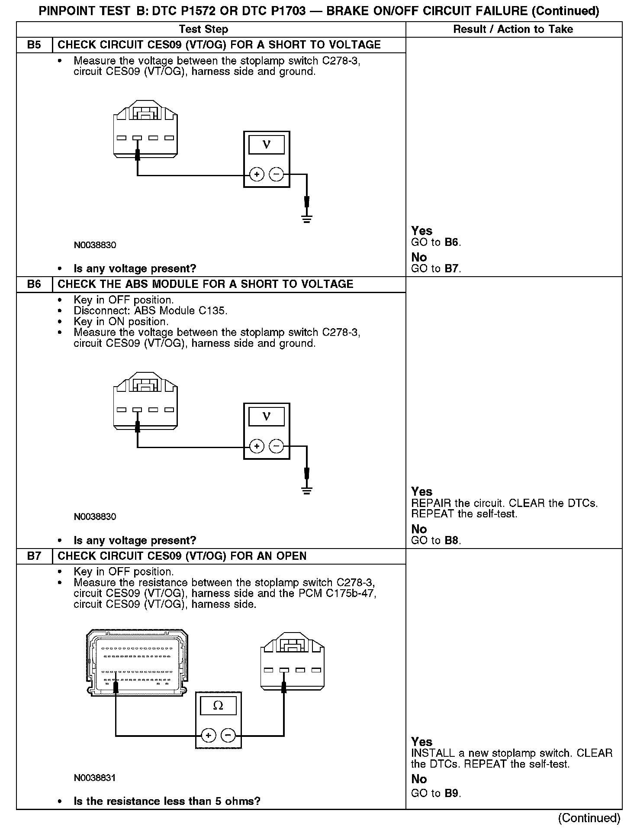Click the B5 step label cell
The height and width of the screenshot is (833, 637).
coord(34,45)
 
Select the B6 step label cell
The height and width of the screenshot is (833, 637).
coord(34,284)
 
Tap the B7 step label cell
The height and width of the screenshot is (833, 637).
coord(34,556)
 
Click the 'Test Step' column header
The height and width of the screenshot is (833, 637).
coord(203,29)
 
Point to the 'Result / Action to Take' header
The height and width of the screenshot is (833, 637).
coord(513,29)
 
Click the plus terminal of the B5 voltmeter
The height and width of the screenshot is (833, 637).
coord(257,174)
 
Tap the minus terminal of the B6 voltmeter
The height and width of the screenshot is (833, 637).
coord(277,446)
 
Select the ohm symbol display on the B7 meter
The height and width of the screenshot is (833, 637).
coord(218,706)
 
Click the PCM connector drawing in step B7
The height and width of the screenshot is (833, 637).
coord(137,663)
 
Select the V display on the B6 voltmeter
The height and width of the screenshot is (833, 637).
coord(267,416)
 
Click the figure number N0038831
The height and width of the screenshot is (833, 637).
coord(95,778)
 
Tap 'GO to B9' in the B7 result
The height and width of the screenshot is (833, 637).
coord(436,793)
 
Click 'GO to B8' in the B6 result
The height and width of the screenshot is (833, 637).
coord(436,540)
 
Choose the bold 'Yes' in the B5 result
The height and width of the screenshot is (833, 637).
coord(421,231)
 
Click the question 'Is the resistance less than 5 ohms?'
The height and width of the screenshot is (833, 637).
coord(167,801)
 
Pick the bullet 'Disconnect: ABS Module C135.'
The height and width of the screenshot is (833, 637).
coord(150,311)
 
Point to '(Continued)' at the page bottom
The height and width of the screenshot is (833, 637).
coord(589,817)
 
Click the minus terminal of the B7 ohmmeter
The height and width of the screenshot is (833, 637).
coord(228,735)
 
